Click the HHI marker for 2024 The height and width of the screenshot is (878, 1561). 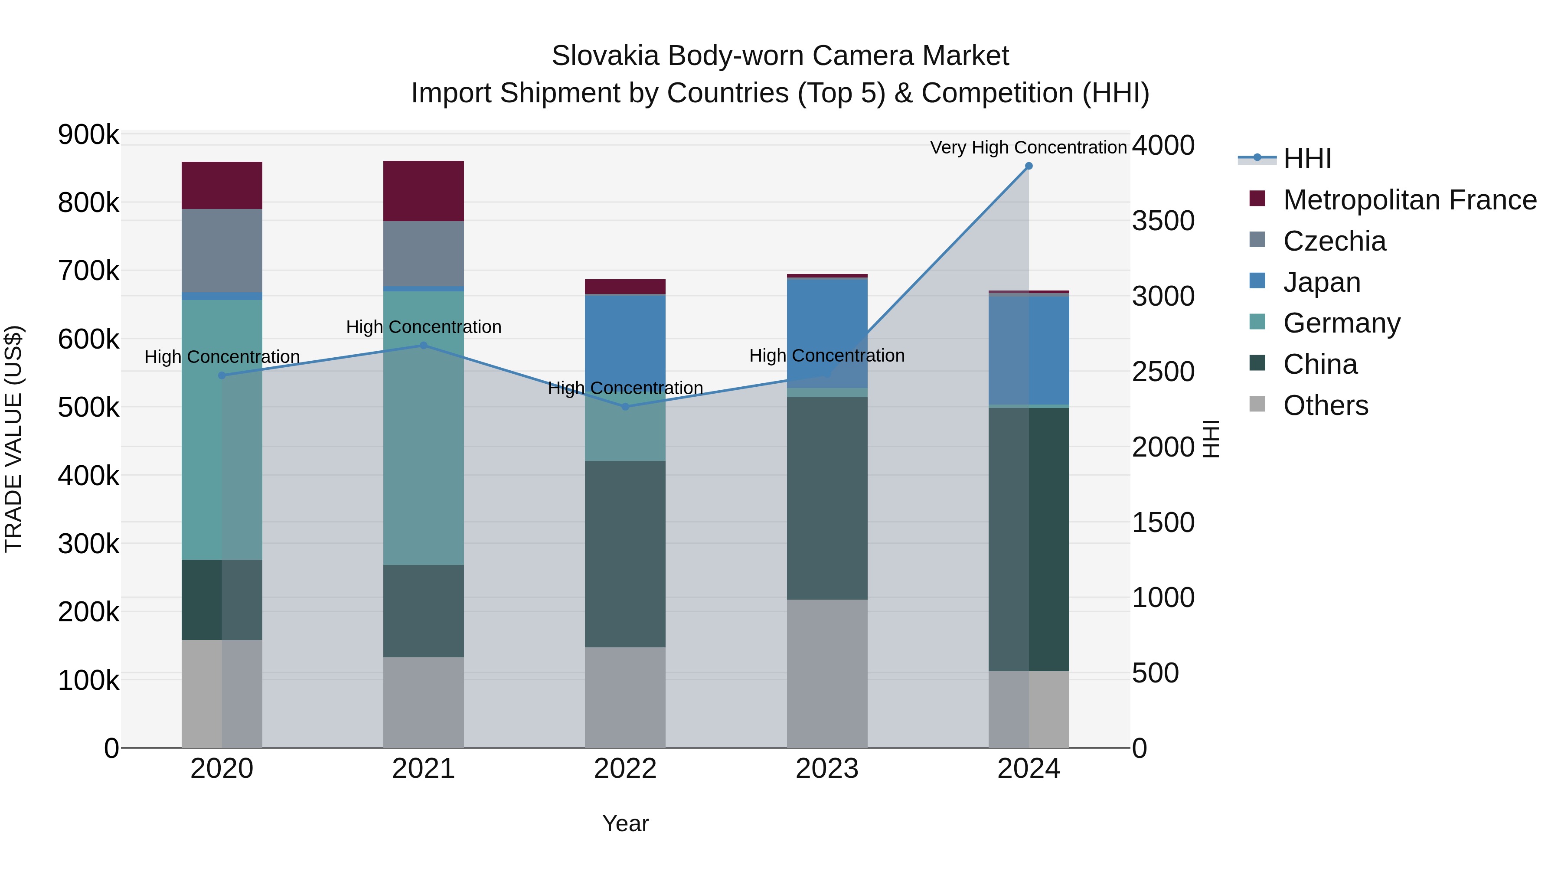[1029, 166]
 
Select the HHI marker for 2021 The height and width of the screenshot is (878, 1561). [424, 346]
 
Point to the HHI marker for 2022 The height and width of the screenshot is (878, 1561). [625, 407]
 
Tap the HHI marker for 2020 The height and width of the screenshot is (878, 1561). [222, 375]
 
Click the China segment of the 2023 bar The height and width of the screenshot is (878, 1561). [827, 498]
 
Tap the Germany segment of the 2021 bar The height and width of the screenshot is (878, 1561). [424, 428]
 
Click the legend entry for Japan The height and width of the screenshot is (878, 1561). [1322, 282]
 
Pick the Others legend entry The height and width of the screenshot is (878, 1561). [1325, 405]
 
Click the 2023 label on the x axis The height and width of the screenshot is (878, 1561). [827, 769]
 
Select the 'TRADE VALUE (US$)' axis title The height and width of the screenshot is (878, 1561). [13, 439]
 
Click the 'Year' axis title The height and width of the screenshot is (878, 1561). [625, 823]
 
